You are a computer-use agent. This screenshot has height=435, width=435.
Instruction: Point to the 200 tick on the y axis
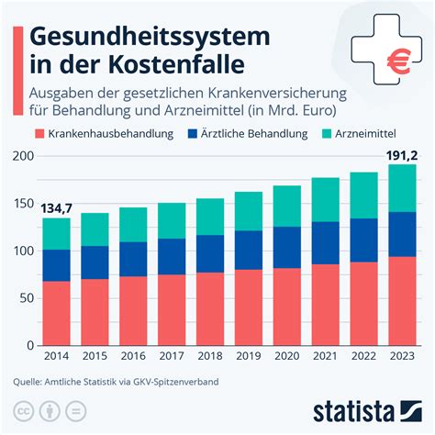click(x=23, y=156)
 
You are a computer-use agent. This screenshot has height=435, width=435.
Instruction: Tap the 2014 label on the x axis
click(x=57, y=358)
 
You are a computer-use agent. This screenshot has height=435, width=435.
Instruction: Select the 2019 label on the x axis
click(x=249, y=358)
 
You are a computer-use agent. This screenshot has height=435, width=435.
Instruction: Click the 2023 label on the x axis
click(x=401, y=358)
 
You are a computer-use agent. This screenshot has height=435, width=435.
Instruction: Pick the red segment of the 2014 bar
click(x=57, y=313)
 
